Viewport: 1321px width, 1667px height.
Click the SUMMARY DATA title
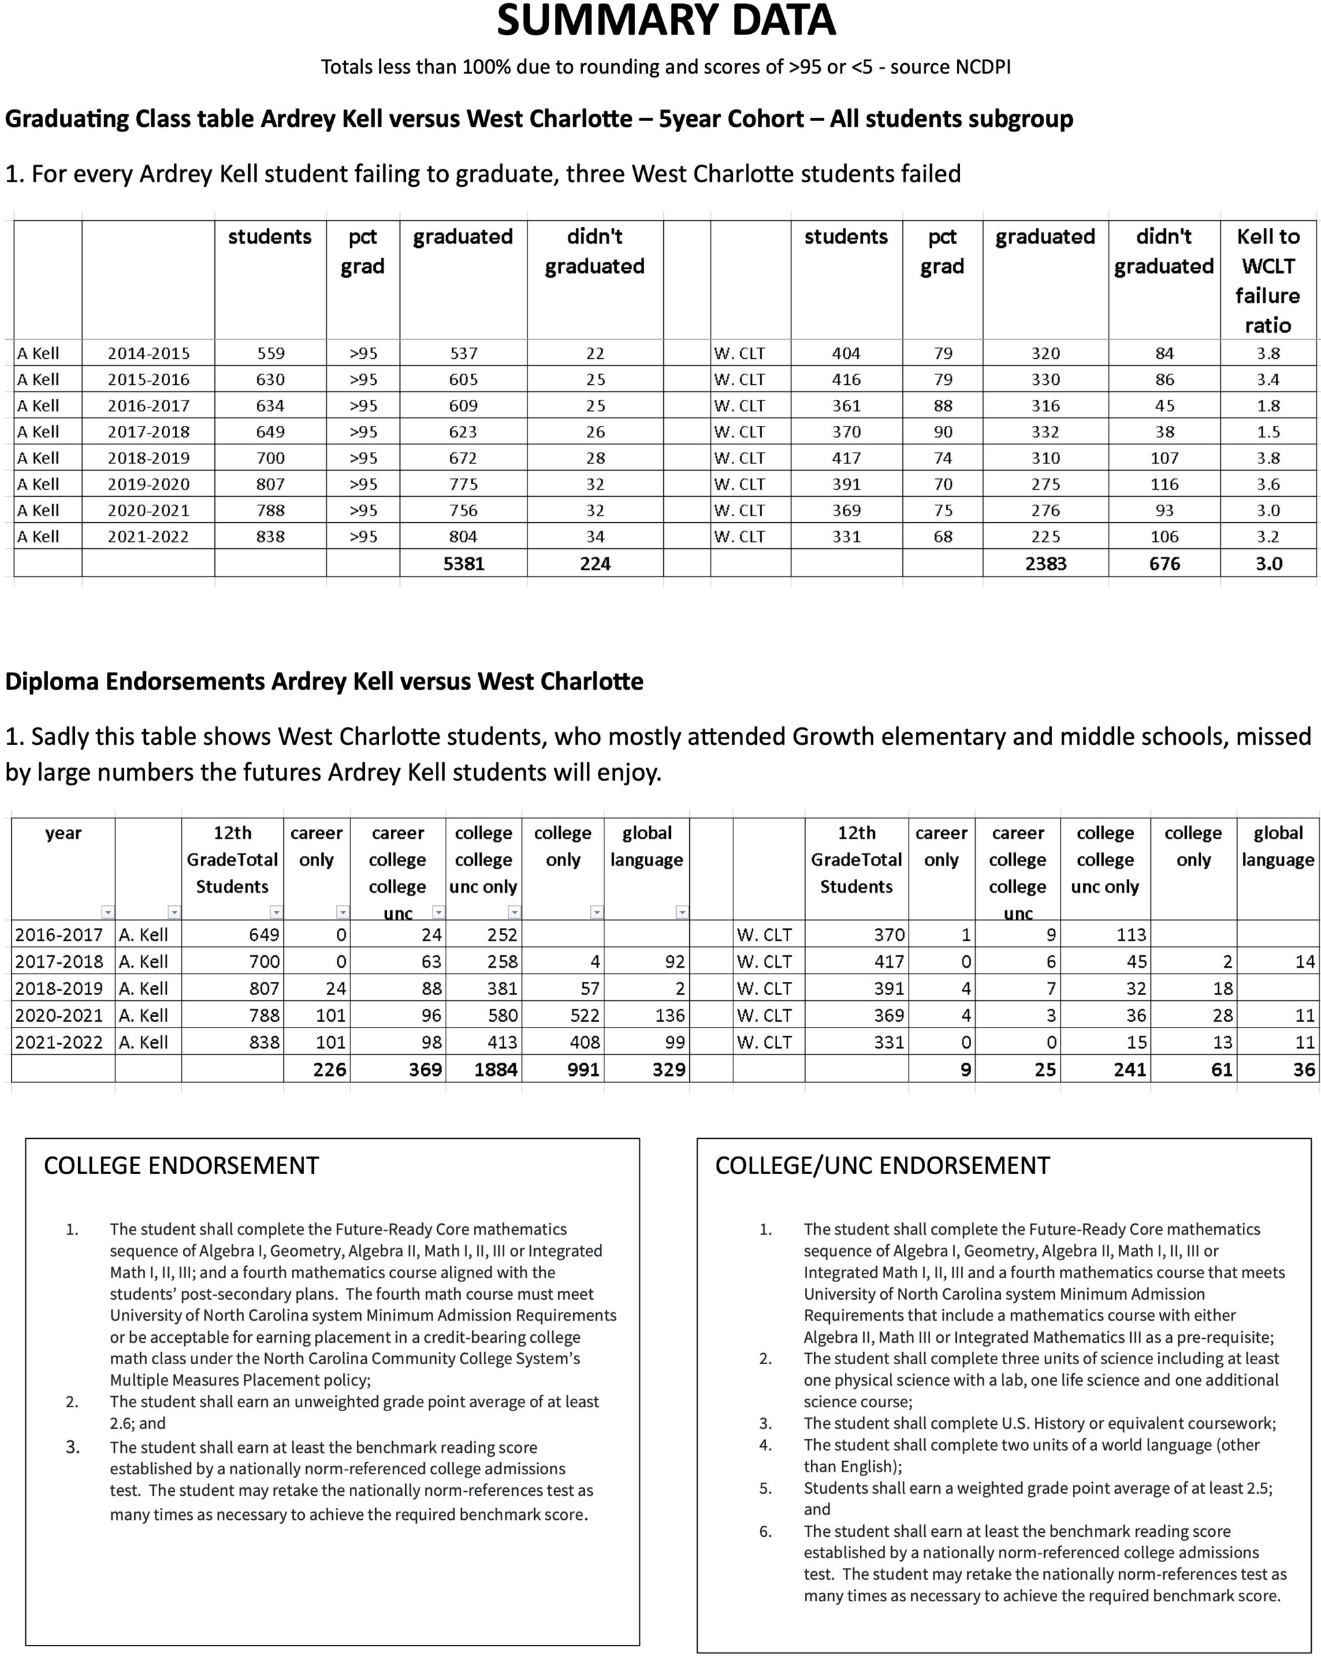click(666, 21)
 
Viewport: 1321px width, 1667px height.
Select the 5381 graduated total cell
click(463, 564)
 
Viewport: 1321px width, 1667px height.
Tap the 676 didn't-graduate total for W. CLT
click(1164, 564)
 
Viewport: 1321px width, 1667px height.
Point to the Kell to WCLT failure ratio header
click(1268, 280)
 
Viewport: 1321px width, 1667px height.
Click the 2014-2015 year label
click(149, 354)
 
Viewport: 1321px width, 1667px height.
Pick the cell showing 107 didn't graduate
click(1164, 458)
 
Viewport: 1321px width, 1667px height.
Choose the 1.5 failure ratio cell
click(1268, 432)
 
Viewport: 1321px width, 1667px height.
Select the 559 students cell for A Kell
click(271, 354)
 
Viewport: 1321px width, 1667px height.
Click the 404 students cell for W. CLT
click(846, 354)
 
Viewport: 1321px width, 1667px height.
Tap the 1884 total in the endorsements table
click(496, 1069)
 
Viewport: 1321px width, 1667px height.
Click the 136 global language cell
click(669, 1015)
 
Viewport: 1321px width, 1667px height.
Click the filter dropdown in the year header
click(107, 912)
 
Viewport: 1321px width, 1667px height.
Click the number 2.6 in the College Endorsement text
click(123, 1423)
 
